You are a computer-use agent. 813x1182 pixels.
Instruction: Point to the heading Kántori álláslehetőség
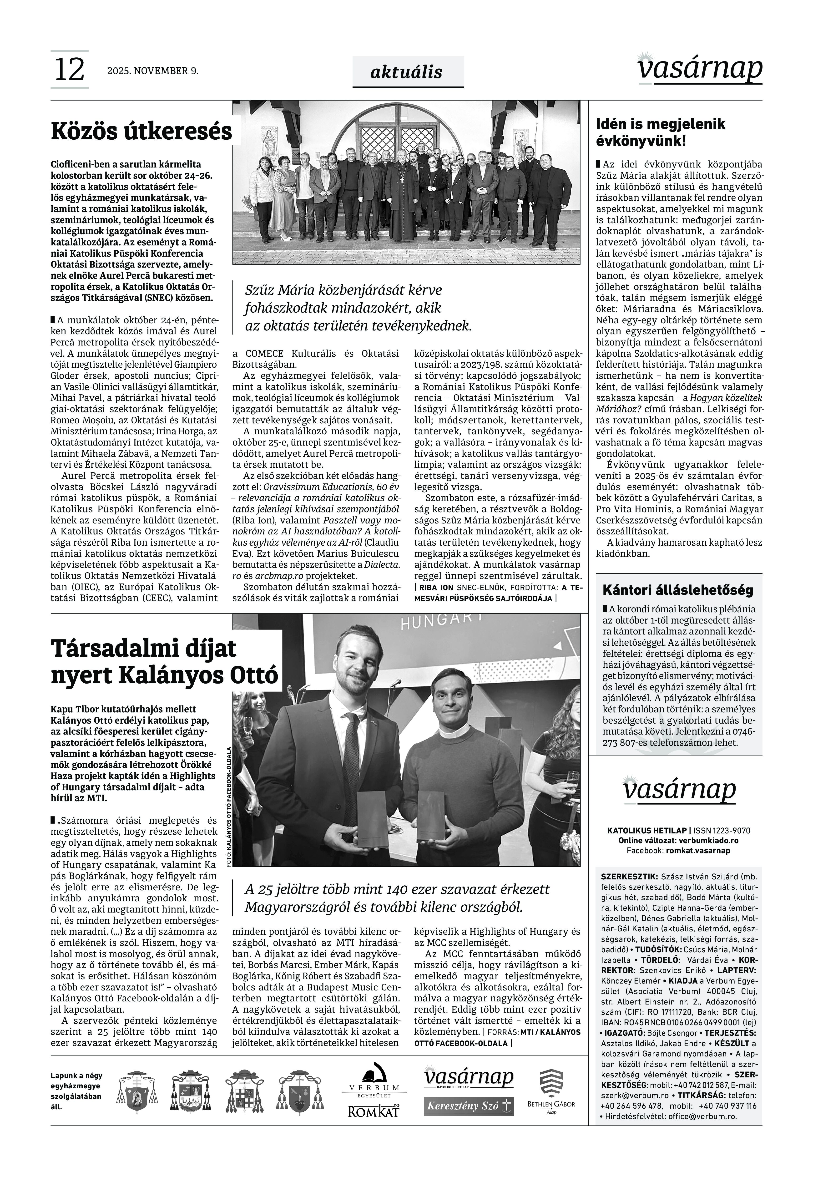677,590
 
